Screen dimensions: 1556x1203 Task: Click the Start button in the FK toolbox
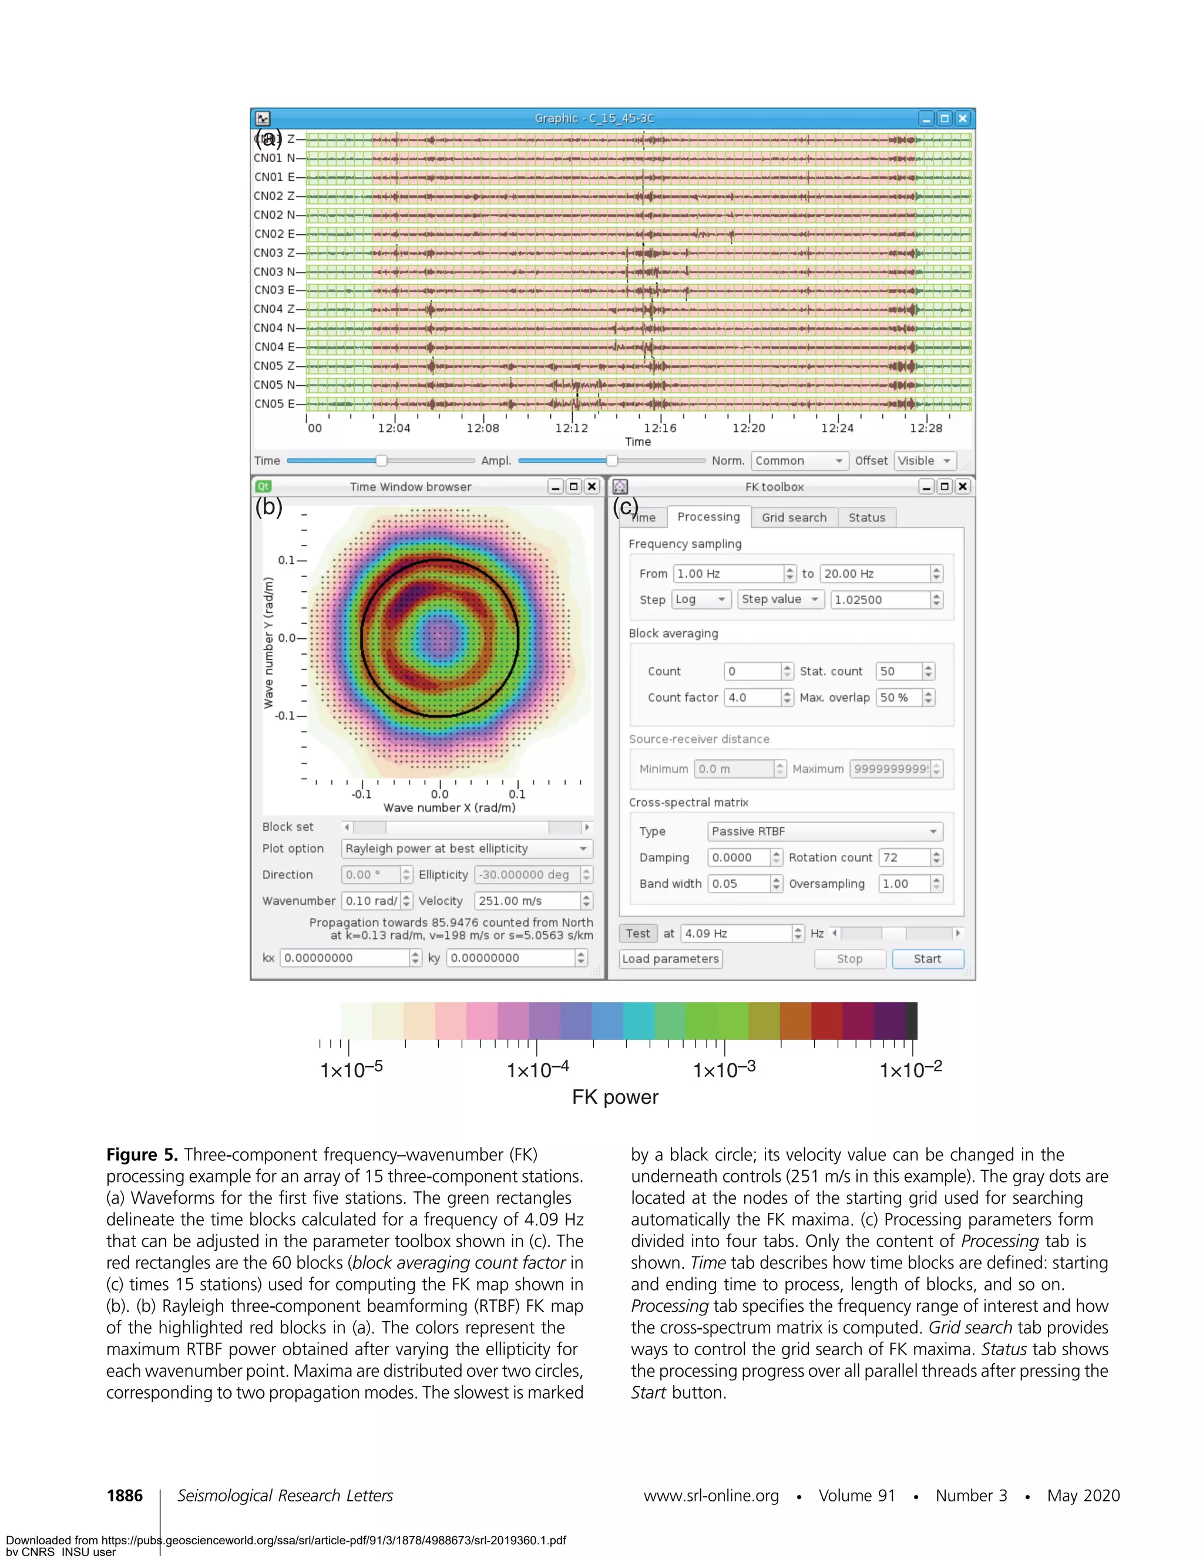pyautogui.click(x=927, y=959)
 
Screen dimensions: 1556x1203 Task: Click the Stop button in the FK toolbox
pyautogui.click(x=849, y=959)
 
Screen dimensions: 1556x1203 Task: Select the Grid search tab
pyautogui.click(x=794, y=518)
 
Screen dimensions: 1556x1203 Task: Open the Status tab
pyautogui.click(x=866, y=518)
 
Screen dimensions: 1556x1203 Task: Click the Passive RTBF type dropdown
pyautogui.click(x=825, y=831)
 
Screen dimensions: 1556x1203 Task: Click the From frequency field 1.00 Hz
pyautogui.click(x=728, y=574)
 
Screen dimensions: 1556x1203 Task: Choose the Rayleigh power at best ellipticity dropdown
pyautogui.click(x=466, y=848)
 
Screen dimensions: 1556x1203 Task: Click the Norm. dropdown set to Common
pyautogui.click(x=799, y=461)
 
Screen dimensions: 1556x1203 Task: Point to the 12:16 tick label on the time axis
pyautogui.click(x=660, y=428)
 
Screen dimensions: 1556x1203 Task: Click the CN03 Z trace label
pyautogui.click(x=274, y=253)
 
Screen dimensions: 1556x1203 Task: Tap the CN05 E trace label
pyautogui.click(x=274, y=404)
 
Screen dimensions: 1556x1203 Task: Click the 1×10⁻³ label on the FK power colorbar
pyautogui.click(x=724, y=1070)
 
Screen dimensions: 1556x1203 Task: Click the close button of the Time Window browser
pyautogui.click(x=592, y=487)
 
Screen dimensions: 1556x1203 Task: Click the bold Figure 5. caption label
pyautogui.click(x=142, y=1155)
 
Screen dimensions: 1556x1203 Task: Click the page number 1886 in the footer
pyautogui.click(x=125, y=1496)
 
